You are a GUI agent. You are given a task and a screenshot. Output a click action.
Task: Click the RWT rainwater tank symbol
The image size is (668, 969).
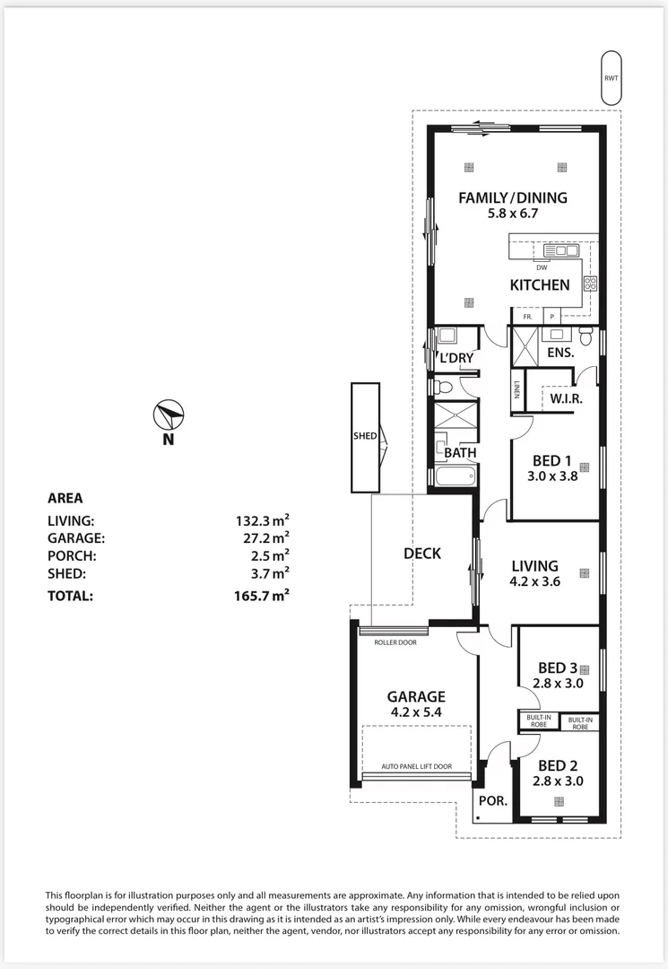pos(612,78)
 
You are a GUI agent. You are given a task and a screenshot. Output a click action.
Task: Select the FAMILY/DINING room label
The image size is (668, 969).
pos(512,197)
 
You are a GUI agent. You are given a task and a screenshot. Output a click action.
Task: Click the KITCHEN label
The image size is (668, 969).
pos(540,285)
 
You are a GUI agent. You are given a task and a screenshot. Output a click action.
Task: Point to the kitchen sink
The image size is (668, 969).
pos(560,250)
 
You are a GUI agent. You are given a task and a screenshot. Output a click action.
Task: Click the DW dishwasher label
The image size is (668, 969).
pos(542,267)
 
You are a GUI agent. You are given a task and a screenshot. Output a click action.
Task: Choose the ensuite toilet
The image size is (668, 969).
pos(586,336)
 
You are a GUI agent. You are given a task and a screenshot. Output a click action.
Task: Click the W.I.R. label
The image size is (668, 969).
pos(566,398)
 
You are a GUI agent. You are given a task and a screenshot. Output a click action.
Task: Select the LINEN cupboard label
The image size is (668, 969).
pos(516,388)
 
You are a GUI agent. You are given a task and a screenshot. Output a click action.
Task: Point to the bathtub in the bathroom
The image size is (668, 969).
pos(455,476)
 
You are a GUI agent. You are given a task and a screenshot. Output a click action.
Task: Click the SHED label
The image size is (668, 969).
pos(365,436)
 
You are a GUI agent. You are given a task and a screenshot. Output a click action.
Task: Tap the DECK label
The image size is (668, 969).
pos(422,553)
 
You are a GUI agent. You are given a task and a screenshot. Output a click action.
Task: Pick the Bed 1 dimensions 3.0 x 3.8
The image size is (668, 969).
pos(552,476)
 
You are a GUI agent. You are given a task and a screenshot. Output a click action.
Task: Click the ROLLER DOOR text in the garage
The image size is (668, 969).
pos(395,642)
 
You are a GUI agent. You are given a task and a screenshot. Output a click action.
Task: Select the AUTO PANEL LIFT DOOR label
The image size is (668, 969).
pos(417,766)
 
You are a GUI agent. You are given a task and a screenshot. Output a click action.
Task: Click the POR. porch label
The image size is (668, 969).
pos(492,801)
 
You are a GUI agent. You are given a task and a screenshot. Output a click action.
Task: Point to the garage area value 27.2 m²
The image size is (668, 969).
pos(266,537)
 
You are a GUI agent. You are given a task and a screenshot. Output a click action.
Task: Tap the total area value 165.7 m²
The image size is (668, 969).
pos(262,596)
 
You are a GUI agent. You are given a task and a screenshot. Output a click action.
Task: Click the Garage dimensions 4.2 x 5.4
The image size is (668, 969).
pos(416,711)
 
